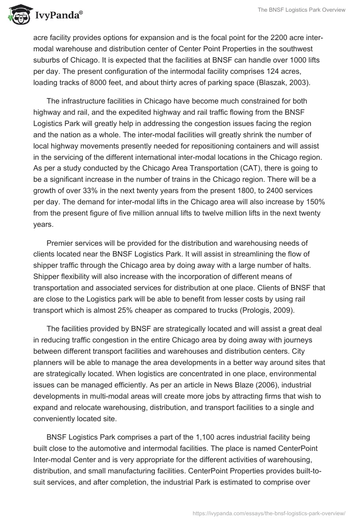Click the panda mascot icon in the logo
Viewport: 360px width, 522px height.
pos(18,14)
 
